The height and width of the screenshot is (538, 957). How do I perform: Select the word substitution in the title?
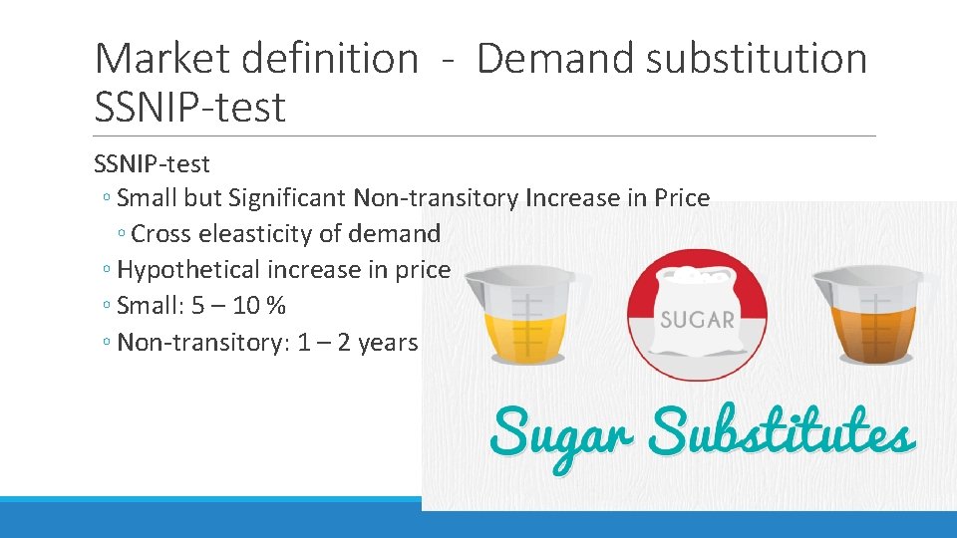(x=757, y=59)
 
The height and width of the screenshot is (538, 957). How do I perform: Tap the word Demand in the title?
(x=553, y=59)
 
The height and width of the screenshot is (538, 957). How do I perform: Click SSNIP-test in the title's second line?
(x=189, y=107)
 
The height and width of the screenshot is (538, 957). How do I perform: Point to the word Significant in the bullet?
(x=288, y=198)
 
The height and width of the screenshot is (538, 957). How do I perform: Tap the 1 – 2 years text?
(x=357, y=342)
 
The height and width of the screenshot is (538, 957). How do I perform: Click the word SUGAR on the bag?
(x=697, y=320)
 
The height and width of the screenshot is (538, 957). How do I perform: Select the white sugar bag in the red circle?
(x=697, y=314)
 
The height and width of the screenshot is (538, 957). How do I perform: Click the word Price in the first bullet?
(x=682, y=198)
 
